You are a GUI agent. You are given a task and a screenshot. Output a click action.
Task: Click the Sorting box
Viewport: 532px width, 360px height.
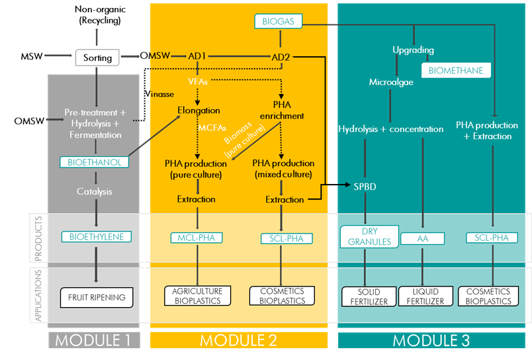point(97,58)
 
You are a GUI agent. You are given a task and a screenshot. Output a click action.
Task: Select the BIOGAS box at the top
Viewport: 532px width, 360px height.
point(279,22)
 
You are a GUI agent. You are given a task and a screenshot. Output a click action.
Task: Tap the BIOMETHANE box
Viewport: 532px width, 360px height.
point(456,70)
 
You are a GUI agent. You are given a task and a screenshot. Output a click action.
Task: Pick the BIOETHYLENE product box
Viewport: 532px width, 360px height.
point(97,236)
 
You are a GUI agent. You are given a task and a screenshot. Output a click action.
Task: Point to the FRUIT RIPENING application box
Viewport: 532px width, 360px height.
point(97,297)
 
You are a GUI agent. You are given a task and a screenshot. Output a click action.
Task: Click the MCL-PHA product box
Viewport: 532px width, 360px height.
point(198,238)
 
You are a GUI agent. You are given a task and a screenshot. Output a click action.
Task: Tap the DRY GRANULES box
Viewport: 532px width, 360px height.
point(366,237)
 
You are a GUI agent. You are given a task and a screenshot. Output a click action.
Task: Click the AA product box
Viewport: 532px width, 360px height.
point(423,238)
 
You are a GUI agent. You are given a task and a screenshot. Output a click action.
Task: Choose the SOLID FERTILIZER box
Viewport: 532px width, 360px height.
point(369,296)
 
